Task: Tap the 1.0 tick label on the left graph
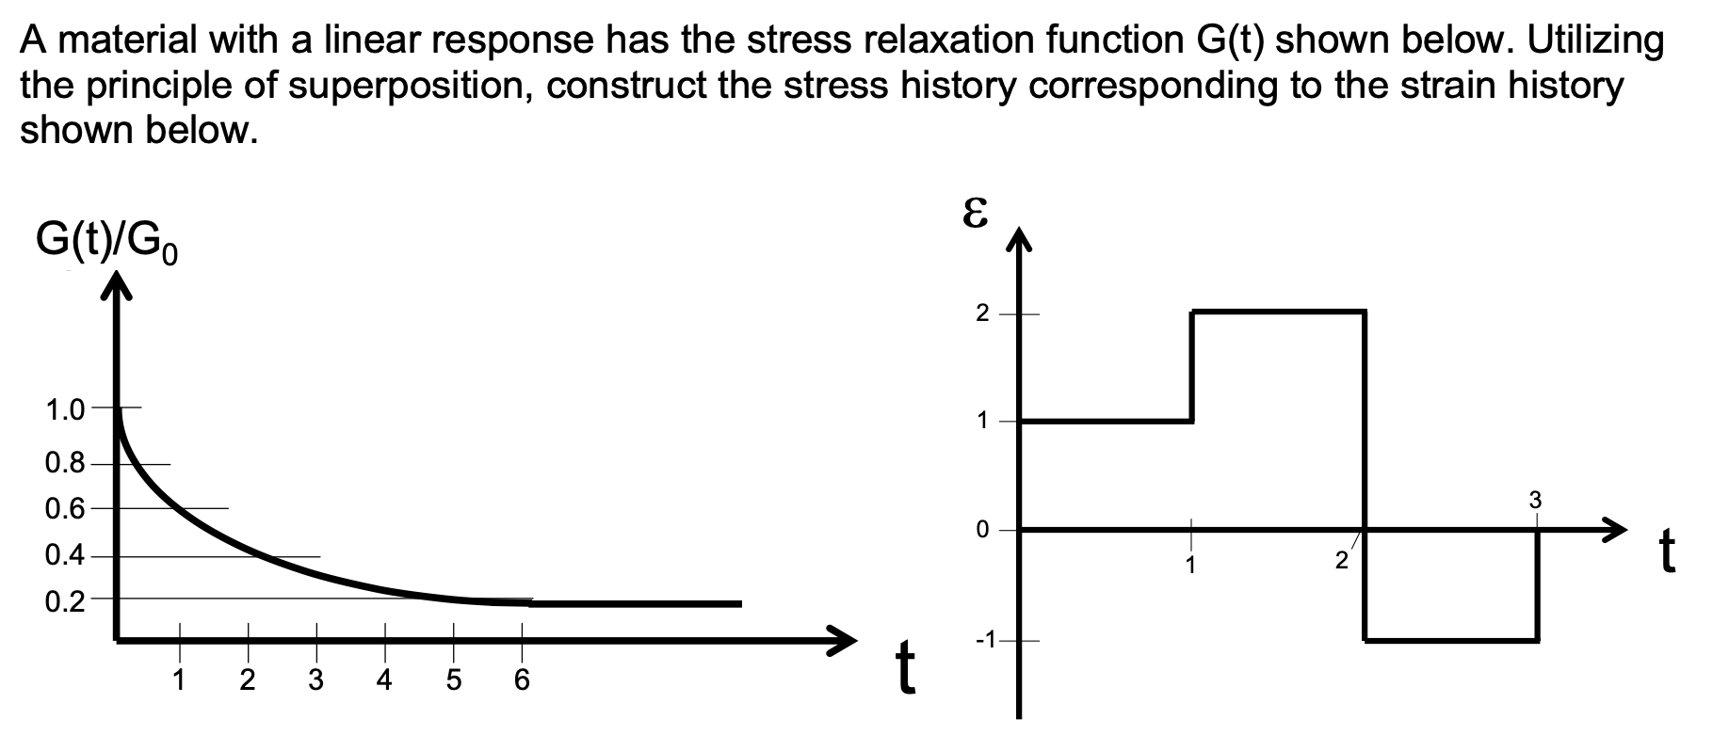coord(64,409)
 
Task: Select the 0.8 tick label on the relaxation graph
coord(64,464)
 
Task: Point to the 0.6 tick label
coord(64,509)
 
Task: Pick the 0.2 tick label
coord(64,599)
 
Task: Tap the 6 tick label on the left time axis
coord(522,680)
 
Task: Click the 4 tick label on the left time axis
coord(384,680)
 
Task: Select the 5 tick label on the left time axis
coord(453,680)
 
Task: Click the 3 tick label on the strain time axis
coord(1536,499)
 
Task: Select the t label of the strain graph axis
coord(1668,552)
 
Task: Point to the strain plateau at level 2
coord(1278,312)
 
